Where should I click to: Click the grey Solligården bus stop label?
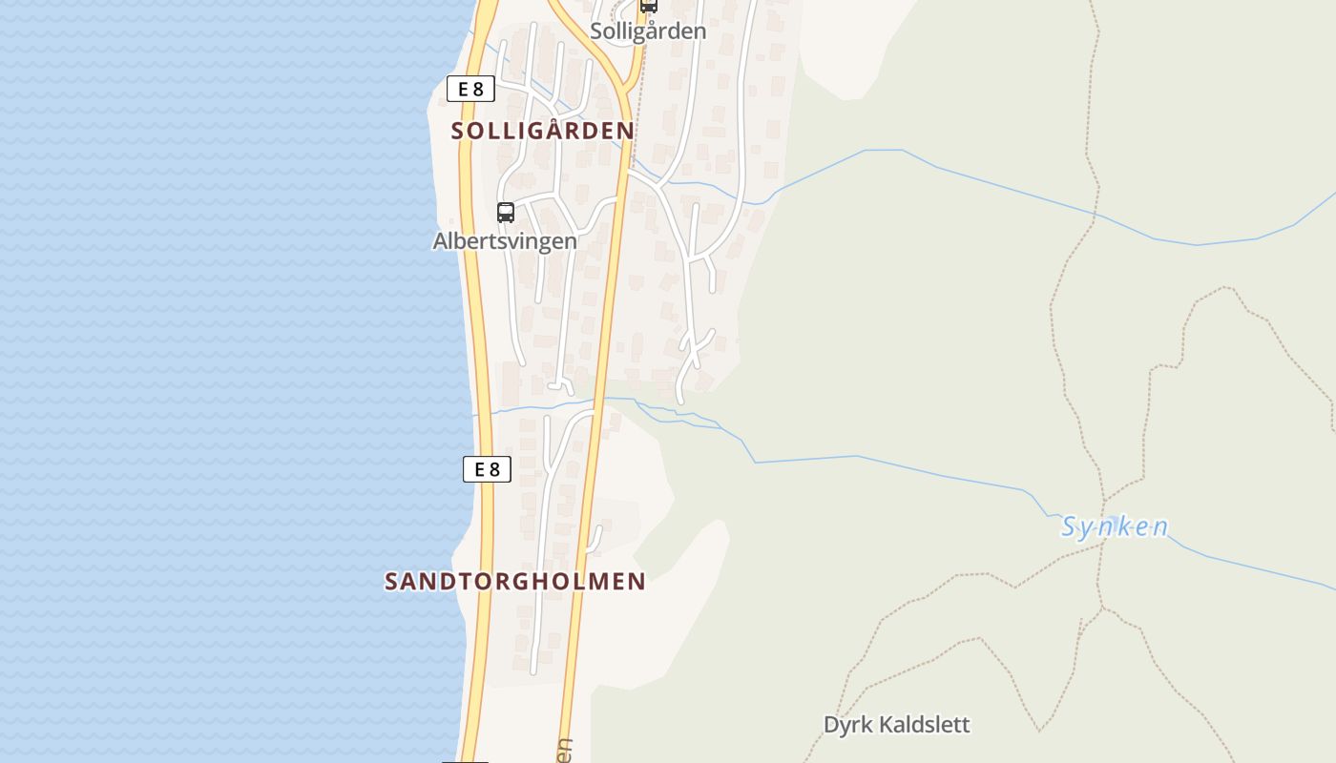click(x=648, y=31)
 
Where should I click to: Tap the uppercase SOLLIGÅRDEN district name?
click(x=542, y=131)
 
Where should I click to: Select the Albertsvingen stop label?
click(x=505, y=241)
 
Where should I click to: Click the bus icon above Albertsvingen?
click(x=506, y=213)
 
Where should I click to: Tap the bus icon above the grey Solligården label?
click(x=648, y=5)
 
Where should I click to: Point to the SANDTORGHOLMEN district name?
click(x=515, y=581)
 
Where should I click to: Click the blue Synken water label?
click(x=1115, y=527)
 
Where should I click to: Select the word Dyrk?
click(x=847, y=725)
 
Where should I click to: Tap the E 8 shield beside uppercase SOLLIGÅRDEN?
click(x=470, y=90)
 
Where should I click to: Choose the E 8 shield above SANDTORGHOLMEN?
click(x=487, y=469)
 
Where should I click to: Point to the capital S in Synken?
click(x=1070, y=526)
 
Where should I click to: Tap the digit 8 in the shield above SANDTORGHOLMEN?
click(x=494, y=469)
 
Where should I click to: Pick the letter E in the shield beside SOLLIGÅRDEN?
click(x=464, y=90)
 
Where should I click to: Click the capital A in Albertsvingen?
click(x=441, y=241)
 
